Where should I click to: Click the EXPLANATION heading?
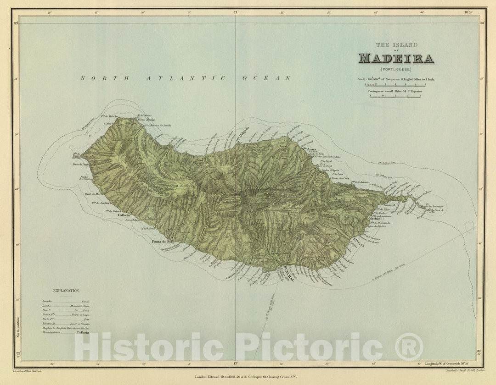click(67, 291)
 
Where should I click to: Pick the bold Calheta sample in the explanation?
click(83, 334)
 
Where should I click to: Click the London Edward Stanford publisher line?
click(248, 376)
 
